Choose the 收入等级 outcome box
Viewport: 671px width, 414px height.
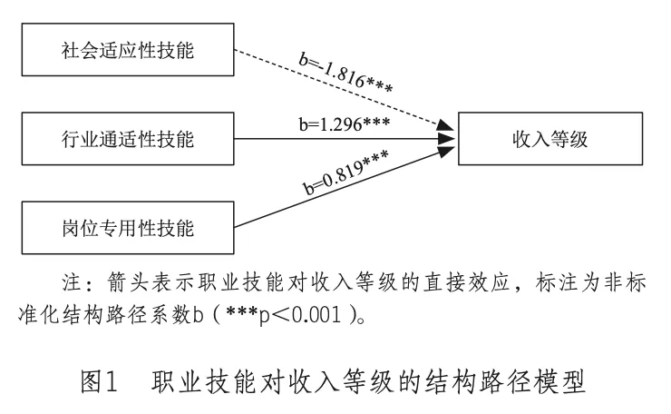tap(550, 139)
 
